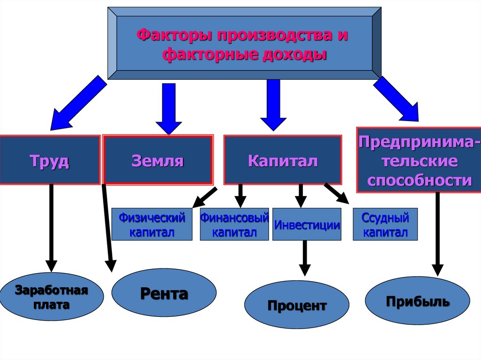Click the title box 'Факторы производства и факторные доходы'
(244, 43)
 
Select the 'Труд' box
(50, 160)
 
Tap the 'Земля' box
(158, 160)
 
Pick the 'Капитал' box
(282, 160)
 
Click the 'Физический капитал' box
(152, 224)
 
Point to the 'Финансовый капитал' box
(234, 224)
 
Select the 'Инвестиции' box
(307, 224)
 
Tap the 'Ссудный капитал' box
(385, 224)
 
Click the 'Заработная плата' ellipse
(52, 297)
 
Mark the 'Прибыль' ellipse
(418, 300)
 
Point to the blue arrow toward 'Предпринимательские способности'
(396, 99)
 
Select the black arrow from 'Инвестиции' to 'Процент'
(305, 257)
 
